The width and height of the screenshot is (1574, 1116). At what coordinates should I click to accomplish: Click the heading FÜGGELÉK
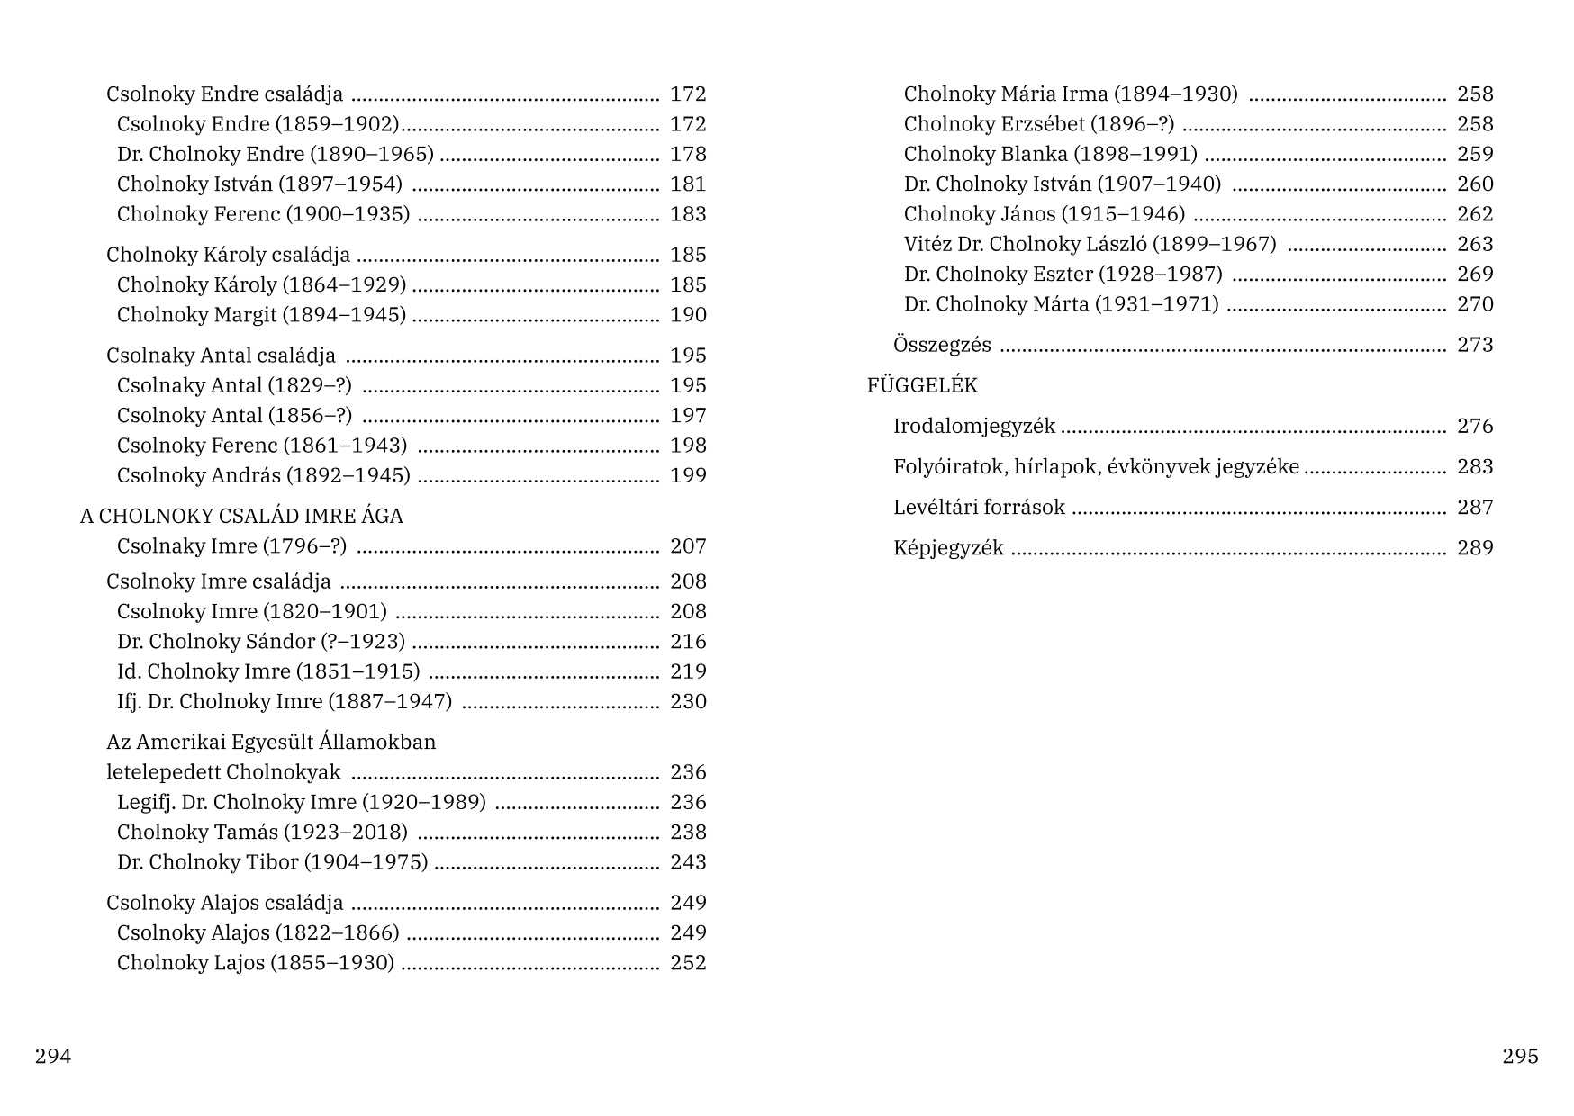click(x=922, y=385)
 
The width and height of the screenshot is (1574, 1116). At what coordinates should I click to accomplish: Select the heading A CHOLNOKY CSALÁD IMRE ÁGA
click(x=241, y=516)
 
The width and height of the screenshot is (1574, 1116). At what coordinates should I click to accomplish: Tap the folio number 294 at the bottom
click(x=53, y=1056)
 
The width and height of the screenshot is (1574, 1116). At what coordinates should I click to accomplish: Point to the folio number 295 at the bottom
click(x=1520, y=1056)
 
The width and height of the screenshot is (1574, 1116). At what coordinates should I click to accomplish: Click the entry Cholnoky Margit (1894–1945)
click(x=261, y=315)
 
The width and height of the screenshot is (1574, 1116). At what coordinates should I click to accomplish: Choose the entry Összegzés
click(x=942, y=345)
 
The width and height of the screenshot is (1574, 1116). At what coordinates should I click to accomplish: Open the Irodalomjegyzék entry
click(x=974, y=426)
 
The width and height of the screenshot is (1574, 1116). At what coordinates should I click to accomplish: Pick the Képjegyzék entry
click(x=948, y=547)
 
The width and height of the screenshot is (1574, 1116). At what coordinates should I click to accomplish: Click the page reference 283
click(x=1475, y=466)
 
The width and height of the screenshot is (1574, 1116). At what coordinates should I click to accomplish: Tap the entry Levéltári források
click(x=979, y=507)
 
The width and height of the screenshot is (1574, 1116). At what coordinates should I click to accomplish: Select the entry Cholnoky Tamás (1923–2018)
click(x=262, y=832)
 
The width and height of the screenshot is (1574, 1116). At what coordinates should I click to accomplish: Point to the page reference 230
click(x=688, y=701)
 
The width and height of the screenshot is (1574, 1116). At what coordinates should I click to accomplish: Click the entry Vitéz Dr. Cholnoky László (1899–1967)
click(x=1090, y=244)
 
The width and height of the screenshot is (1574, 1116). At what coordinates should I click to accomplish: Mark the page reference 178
click(x=688, y=154)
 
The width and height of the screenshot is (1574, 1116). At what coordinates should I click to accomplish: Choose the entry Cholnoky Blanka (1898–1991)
click(x=1050, y=154)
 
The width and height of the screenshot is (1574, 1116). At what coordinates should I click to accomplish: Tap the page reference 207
click(x=688, y=545)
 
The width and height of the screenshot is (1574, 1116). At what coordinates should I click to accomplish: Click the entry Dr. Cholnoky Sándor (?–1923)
click(x=261, y=641)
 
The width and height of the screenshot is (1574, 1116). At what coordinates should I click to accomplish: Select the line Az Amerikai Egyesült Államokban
click(x=271, y=742)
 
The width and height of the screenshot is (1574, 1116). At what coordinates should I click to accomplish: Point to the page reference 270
click(x=1475, y=304)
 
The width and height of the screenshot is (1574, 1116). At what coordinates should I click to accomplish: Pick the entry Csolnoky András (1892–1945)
click(x=263, y=475)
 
